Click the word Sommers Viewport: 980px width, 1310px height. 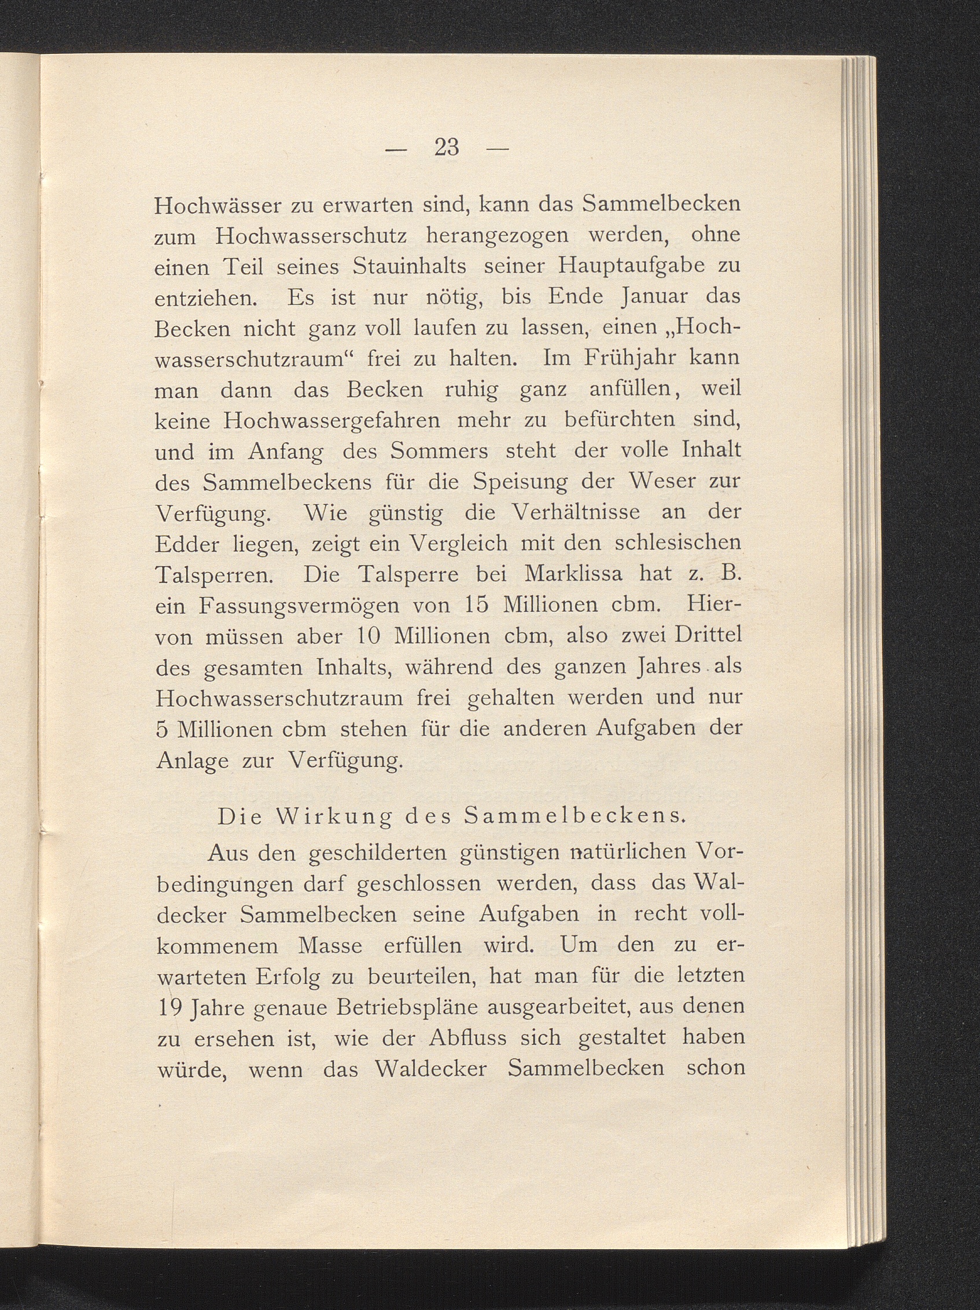[x=439, y=452]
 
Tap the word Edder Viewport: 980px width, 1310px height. [x=186, y=543]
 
